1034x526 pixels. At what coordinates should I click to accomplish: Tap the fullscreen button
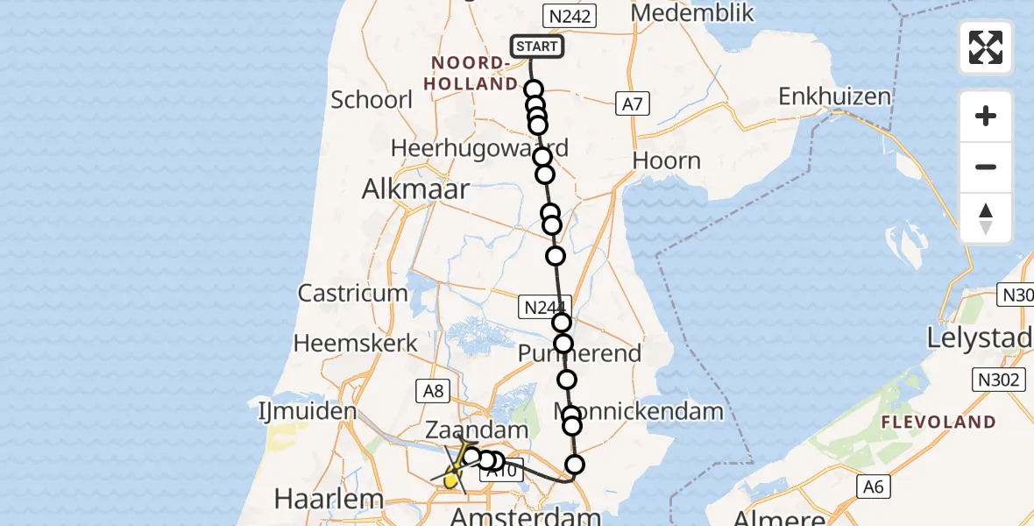pos(986,47)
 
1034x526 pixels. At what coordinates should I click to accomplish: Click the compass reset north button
pos(986,218)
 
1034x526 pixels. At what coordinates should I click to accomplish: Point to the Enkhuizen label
pos(834,96)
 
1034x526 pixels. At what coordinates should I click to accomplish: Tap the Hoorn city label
pos(667,160)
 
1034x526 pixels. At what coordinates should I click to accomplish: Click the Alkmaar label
pos(418,189)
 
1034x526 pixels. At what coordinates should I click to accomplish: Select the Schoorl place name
pos(372,99)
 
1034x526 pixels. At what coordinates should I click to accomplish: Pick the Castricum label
pos(352,293)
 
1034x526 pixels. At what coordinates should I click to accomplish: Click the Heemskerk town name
pos(356,343)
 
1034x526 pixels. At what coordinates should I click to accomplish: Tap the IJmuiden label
pos(307,410)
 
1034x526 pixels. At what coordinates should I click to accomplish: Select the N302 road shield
pos(996,380)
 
